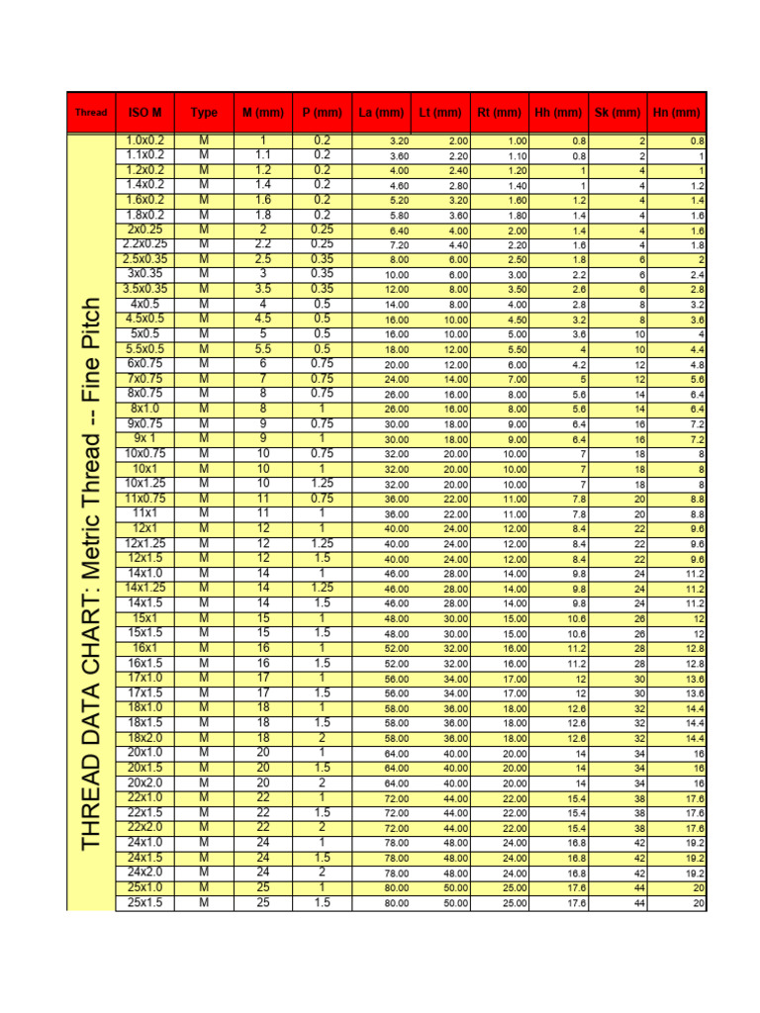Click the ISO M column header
pos(144,113)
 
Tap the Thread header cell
pos(91,113)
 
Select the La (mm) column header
pos(381,113)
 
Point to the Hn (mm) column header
pos(677,113)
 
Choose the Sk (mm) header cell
pos(617,113)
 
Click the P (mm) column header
pos(322,113)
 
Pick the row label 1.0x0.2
pos(145,140)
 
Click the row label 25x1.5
pos(145,903)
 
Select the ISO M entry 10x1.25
pos(145,484)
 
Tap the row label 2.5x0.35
pos(145,258)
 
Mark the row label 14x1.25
pos(145,588)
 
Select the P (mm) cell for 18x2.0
pos(323,738)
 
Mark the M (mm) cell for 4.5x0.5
pos(263,319)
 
